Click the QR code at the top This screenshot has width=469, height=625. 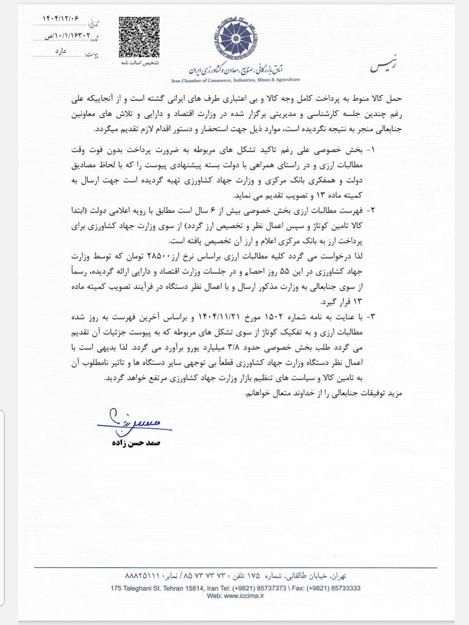tap(139, 37)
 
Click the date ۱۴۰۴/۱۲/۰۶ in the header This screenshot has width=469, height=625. tap(61, 18)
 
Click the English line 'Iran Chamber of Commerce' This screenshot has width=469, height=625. tap(235, 80)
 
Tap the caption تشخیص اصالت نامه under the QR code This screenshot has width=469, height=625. tap(139, 63)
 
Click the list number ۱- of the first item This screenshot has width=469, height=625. tap(370, 150)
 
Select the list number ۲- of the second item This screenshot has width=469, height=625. tap(370, 211)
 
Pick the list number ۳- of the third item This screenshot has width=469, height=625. tap(370, 317)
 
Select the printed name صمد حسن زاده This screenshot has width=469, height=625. tap(136, 443)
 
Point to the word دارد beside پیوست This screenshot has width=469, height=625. tap(60, 51)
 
